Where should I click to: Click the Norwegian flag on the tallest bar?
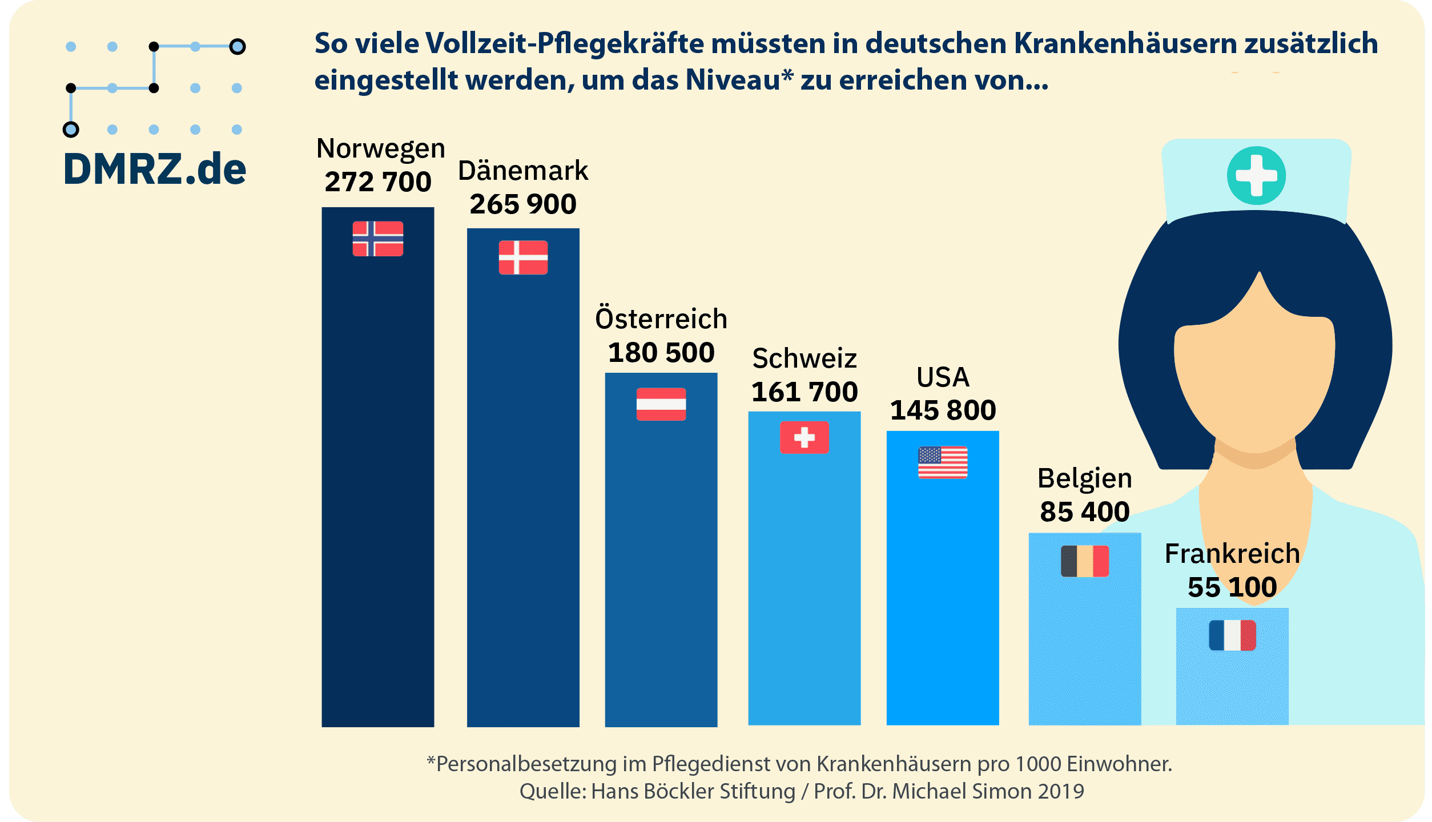377,239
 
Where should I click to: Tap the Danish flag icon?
523,257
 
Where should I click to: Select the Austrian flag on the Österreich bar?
661,404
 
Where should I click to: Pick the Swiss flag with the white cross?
804,437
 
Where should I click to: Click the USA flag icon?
943,462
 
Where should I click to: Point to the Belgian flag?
1084,561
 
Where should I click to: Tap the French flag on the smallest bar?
1232,635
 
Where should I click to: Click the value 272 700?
377,182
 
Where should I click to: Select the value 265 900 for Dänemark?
523,204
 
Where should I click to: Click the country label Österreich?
661,319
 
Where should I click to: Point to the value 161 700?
804,392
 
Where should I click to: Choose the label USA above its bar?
943,377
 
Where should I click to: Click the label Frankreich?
1232,554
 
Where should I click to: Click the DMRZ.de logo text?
155,170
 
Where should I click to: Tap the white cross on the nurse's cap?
1256,176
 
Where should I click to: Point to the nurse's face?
1254,382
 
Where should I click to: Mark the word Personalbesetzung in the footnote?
526,764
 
